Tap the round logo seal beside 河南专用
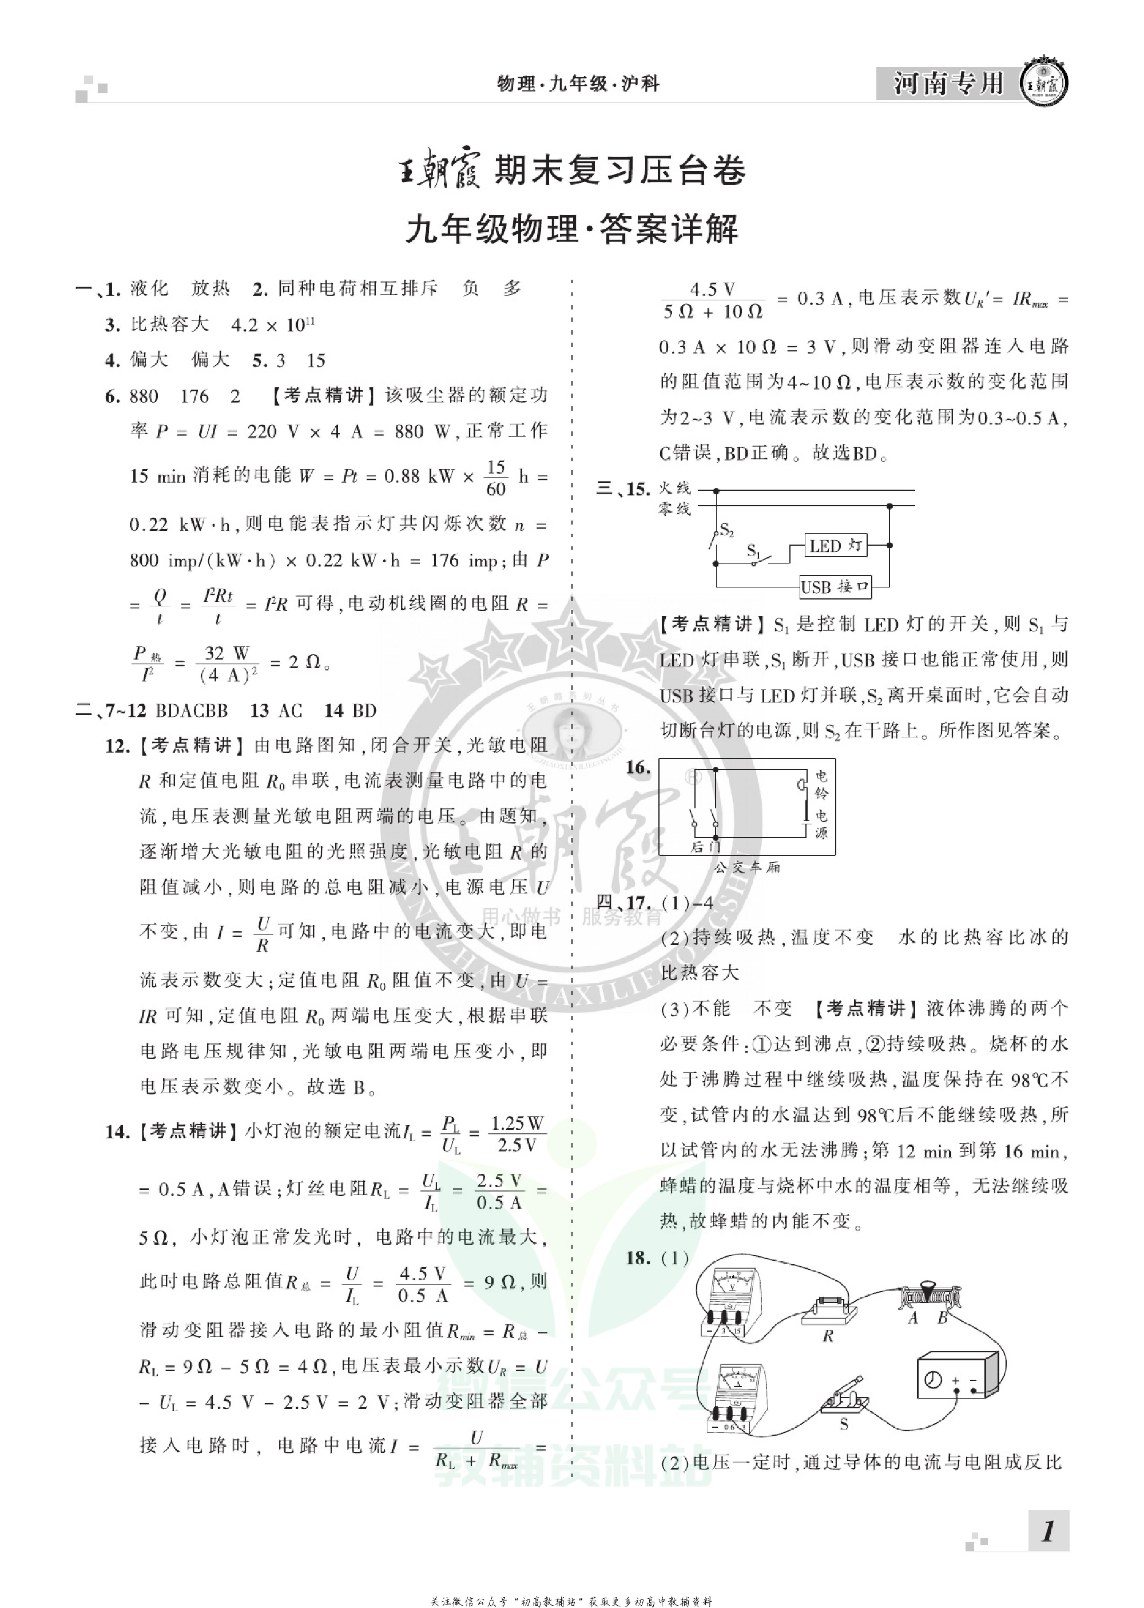point(1044,85)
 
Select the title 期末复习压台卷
point(620,170)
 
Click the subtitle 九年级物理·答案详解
point(571,229)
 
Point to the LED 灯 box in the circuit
point(836,546)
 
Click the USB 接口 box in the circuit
point(836,586)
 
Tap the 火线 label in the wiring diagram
point(674,488)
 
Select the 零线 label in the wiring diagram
point(674,509)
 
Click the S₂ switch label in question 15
point(727,530)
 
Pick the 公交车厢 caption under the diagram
point(746,867)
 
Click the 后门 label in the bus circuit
point(705,847)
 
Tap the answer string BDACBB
point(192,710)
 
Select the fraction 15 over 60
point(496,478)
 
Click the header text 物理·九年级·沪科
point(578,84)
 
